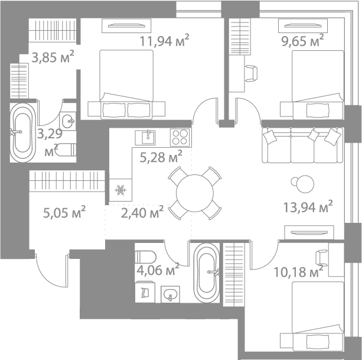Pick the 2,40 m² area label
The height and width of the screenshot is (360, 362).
[142, 212]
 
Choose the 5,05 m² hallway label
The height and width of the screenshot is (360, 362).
[64, 211]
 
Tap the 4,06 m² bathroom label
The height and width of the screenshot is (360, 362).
[157, 271]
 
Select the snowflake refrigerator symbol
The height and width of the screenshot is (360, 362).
[120, 190]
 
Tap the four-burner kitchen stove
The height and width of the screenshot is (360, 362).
[180, 138]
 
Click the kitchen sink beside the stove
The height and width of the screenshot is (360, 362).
[146, 138]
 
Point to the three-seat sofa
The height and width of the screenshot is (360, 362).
[302, 145]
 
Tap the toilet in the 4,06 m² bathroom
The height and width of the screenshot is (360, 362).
[144, 256]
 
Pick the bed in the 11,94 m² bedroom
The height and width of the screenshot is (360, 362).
[125, 83]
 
